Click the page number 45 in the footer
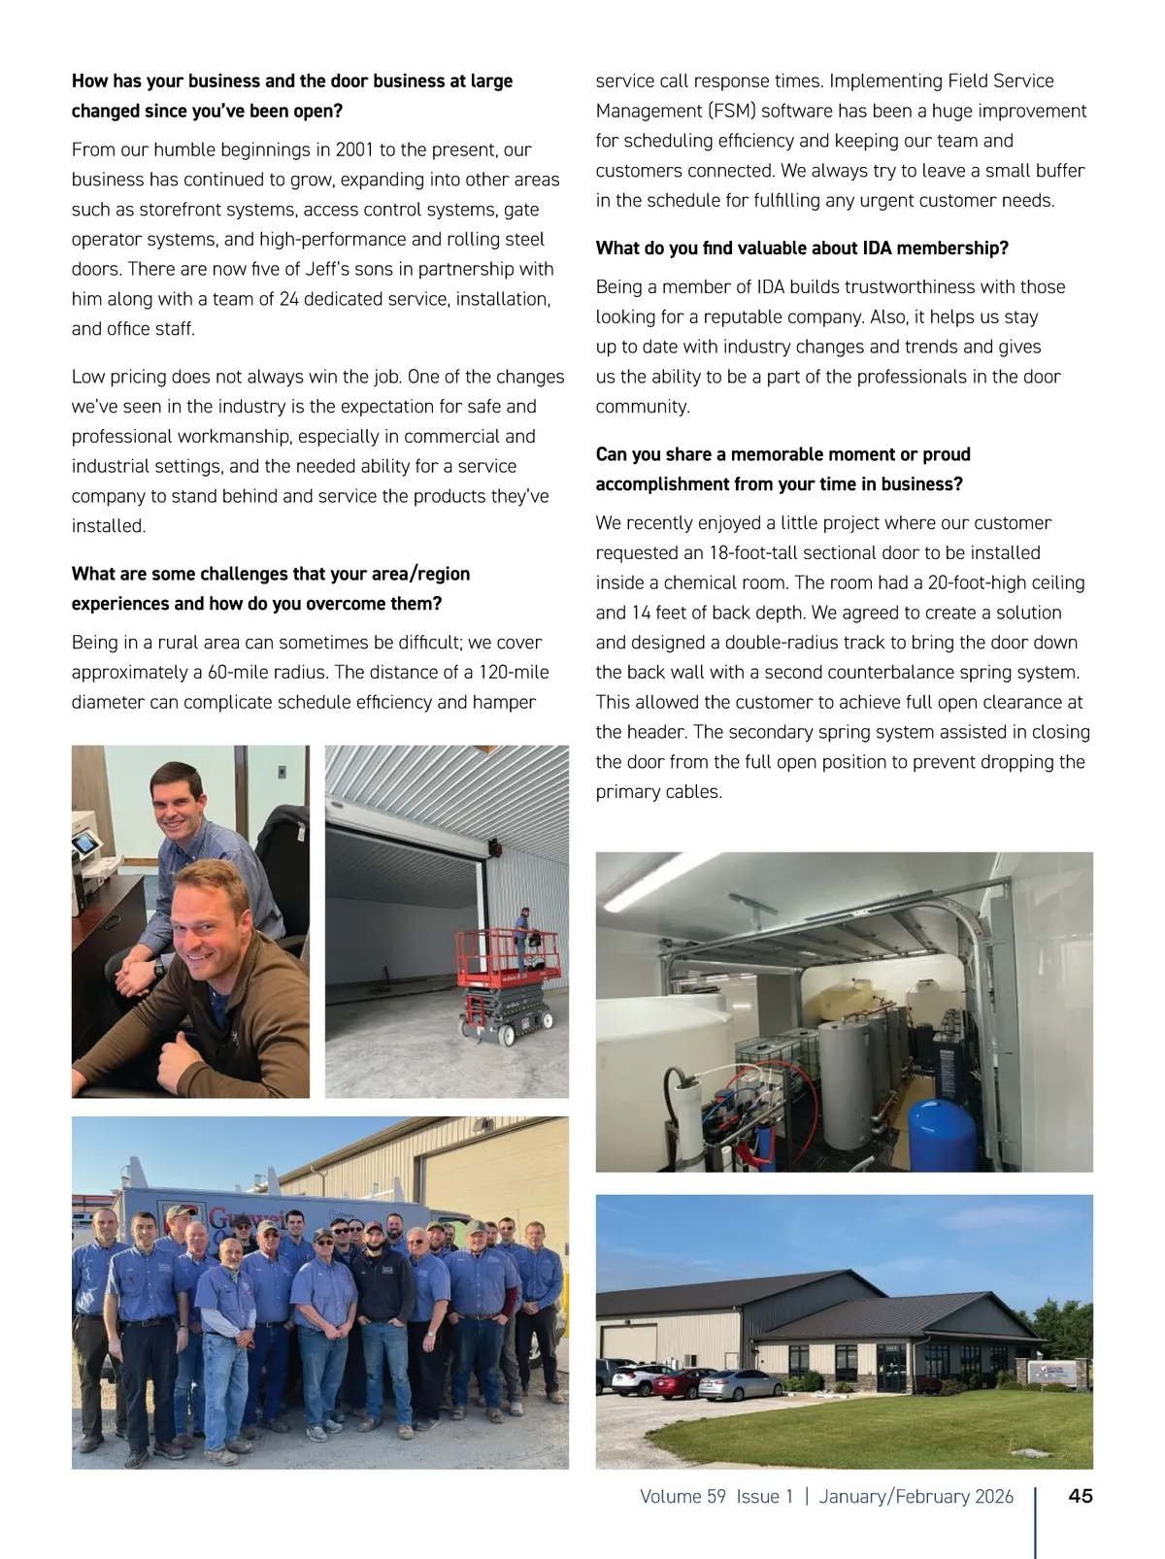(1080, 1496)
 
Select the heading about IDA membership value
(802, 249)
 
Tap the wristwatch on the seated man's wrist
(158, 968)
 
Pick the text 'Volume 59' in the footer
(682, 1496)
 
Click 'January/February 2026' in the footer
(915, 1496)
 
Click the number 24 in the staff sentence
(288, 299)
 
